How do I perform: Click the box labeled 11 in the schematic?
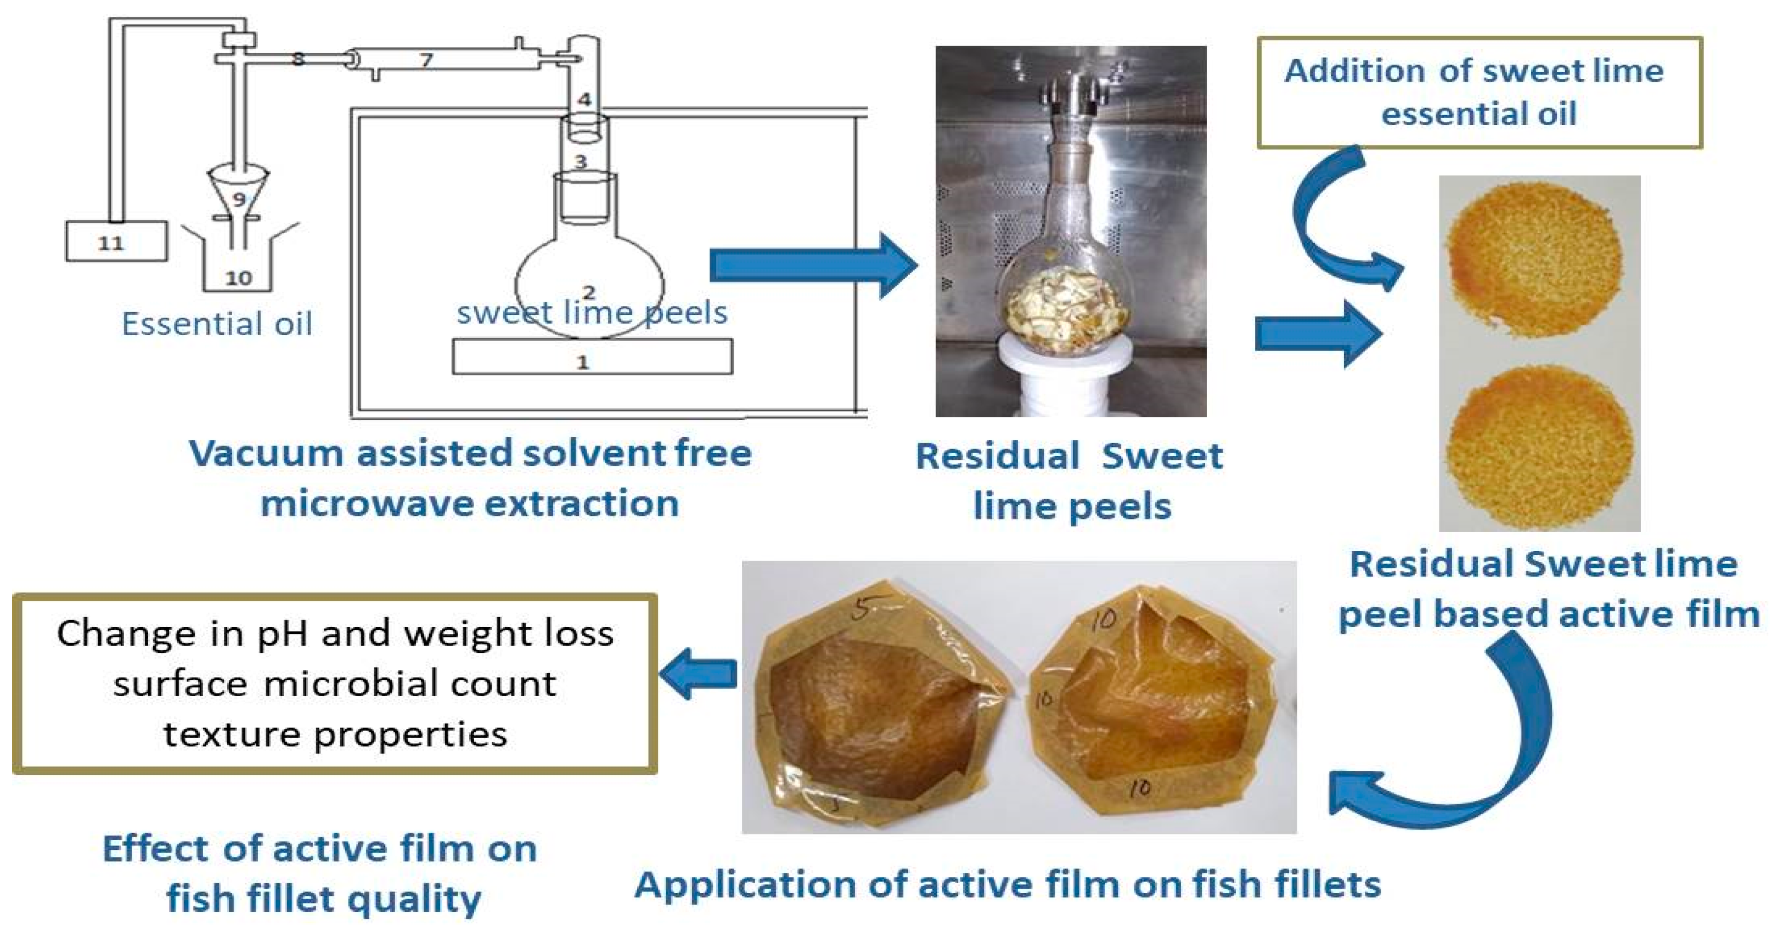116,241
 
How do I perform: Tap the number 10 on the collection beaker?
238,278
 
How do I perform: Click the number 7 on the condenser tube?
426,60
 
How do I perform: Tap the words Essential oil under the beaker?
217,324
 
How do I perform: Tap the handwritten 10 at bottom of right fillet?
1139,788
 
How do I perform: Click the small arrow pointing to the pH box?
697,674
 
